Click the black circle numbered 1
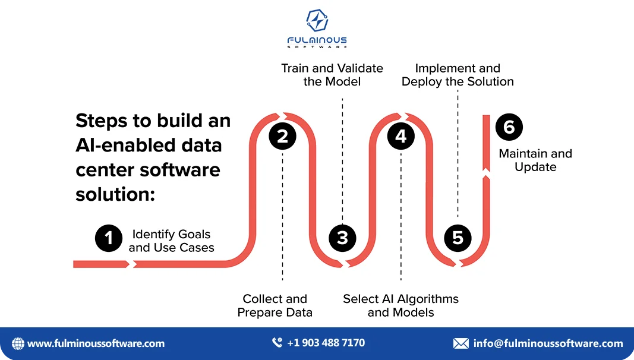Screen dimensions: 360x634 pos(109,238)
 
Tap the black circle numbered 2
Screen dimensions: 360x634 pos(282,137)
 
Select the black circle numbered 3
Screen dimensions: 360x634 pos(342,238)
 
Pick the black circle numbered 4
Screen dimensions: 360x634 pos(401,137)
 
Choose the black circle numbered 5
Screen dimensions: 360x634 pos(458,238)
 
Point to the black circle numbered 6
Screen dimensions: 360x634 pos(509,127)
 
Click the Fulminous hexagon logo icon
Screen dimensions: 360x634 pos(317,21)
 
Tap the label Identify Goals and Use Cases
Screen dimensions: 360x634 pos(171,241)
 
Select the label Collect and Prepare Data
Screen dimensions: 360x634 pos(275,305)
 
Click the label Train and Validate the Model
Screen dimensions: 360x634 pos(332,75)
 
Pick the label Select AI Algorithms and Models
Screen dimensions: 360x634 pos(400,305)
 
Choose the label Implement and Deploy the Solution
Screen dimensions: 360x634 pos(458,75)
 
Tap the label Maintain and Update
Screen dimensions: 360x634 pos(535,160)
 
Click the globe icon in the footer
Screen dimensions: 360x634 pos(18,343)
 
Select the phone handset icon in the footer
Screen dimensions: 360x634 pos(277,343)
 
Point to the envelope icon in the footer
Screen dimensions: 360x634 pos(460,343)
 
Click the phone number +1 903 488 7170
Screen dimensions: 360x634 pos(326,343)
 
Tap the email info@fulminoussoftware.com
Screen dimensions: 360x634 pos(548,343)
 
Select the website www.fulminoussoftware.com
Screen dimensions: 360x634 pos(96,343)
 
